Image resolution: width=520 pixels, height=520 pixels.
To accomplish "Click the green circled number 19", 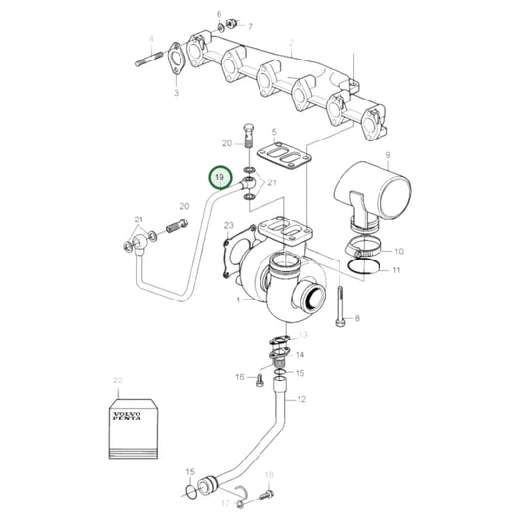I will [221, 178].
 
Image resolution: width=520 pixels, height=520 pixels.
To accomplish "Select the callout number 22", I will [118, 380].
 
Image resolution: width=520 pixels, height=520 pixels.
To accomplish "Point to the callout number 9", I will [386, 156].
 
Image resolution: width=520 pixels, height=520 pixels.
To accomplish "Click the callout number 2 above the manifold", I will [291, 44].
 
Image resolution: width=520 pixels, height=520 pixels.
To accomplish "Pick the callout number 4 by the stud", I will [151, 40].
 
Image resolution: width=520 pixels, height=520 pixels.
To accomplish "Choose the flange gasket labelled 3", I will [178, 60].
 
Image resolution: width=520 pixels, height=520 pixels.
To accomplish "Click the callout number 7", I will [249, 26].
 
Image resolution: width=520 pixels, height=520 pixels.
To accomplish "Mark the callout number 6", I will [220, 13].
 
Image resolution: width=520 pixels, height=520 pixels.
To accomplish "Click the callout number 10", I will [398, 250].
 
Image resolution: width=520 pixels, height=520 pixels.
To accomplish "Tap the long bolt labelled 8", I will [338, 304].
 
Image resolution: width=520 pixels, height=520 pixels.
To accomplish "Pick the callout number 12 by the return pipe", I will [301, 399].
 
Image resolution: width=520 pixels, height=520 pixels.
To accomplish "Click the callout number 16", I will [239, 376].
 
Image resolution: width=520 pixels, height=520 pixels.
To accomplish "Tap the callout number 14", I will [300, 355].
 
